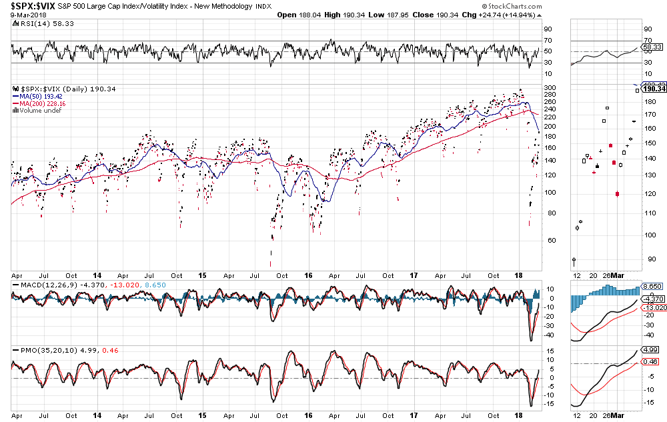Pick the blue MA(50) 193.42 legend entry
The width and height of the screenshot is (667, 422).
[x=42, y=96]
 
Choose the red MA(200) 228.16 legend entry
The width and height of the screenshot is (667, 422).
[x=44, y=103]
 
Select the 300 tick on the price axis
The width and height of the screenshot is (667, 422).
[x=549, y=87]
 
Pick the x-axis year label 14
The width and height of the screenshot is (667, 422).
[x=97, y=275]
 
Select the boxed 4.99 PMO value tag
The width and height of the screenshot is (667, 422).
[x=650, y=349]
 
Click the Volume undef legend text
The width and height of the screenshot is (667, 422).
[x=41, y=110]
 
